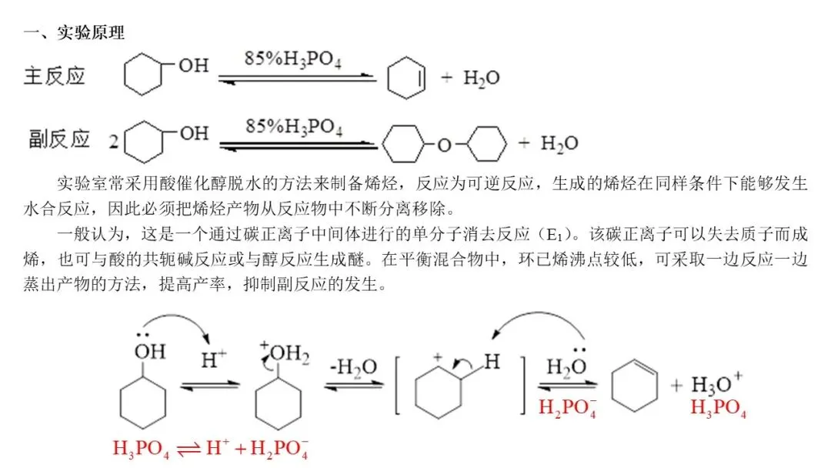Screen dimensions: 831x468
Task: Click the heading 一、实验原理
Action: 74,33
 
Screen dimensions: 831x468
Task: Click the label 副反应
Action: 59,139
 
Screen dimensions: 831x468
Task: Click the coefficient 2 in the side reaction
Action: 113,142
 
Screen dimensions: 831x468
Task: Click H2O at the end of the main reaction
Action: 481,78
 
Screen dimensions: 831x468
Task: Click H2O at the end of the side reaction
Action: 559,143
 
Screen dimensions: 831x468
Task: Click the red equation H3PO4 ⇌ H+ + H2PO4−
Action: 211,449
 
